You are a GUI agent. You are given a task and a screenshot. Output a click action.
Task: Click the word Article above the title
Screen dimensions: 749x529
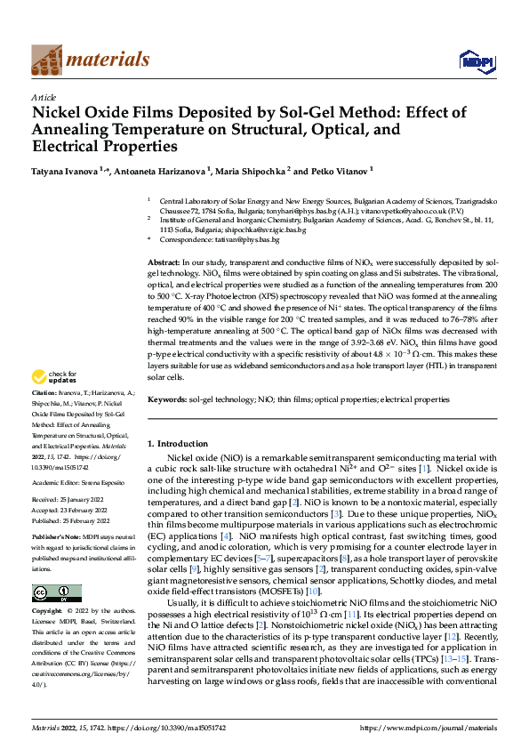[x=43, y=97]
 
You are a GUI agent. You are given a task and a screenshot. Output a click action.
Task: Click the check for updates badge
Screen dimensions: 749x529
[x=55, y=401]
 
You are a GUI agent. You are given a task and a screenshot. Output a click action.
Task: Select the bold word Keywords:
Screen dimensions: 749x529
[x=166, y=400]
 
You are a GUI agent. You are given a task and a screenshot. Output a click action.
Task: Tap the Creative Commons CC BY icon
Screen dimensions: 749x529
[x=56, y=592]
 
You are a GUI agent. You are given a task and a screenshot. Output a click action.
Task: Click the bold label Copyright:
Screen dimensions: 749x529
[x=48, y=612]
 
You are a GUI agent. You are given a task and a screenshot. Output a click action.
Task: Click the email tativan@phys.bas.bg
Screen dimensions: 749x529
[x=250, y=240]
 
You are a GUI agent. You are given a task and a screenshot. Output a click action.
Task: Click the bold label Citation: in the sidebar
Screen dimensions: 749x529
[x=45, y=416]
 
